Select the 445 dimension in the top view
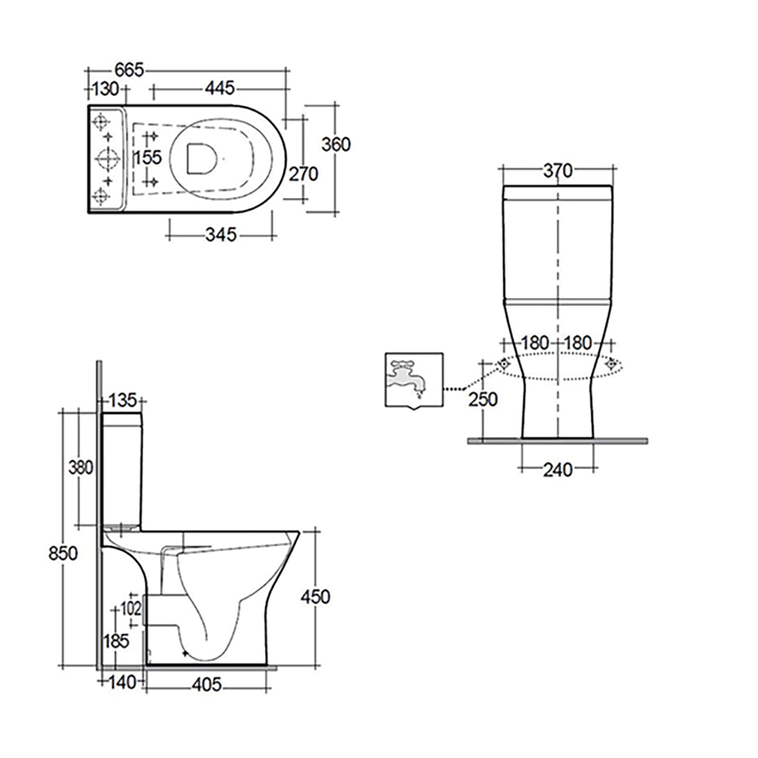coord(219,89)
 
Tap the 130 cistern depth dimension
coord(105,89)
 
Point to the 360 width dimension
coord(336,144)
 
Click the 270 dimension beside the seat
coord(302,174)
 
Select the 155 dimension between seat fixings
coord(148,158)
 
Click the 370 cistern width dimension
coord(557,171)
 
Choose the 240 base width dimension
coord(558,470)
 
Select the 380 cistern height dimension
coord(80,468)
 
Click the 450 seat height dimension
coord(315,597)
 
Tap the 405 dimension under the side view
coord(206,685)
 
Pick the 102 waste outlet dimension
coord(130,609)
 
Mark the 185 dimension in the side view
coord(116,641)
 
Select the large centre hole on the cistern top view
coord(105,158)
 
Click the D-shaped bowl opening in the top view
coord(201,158)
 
